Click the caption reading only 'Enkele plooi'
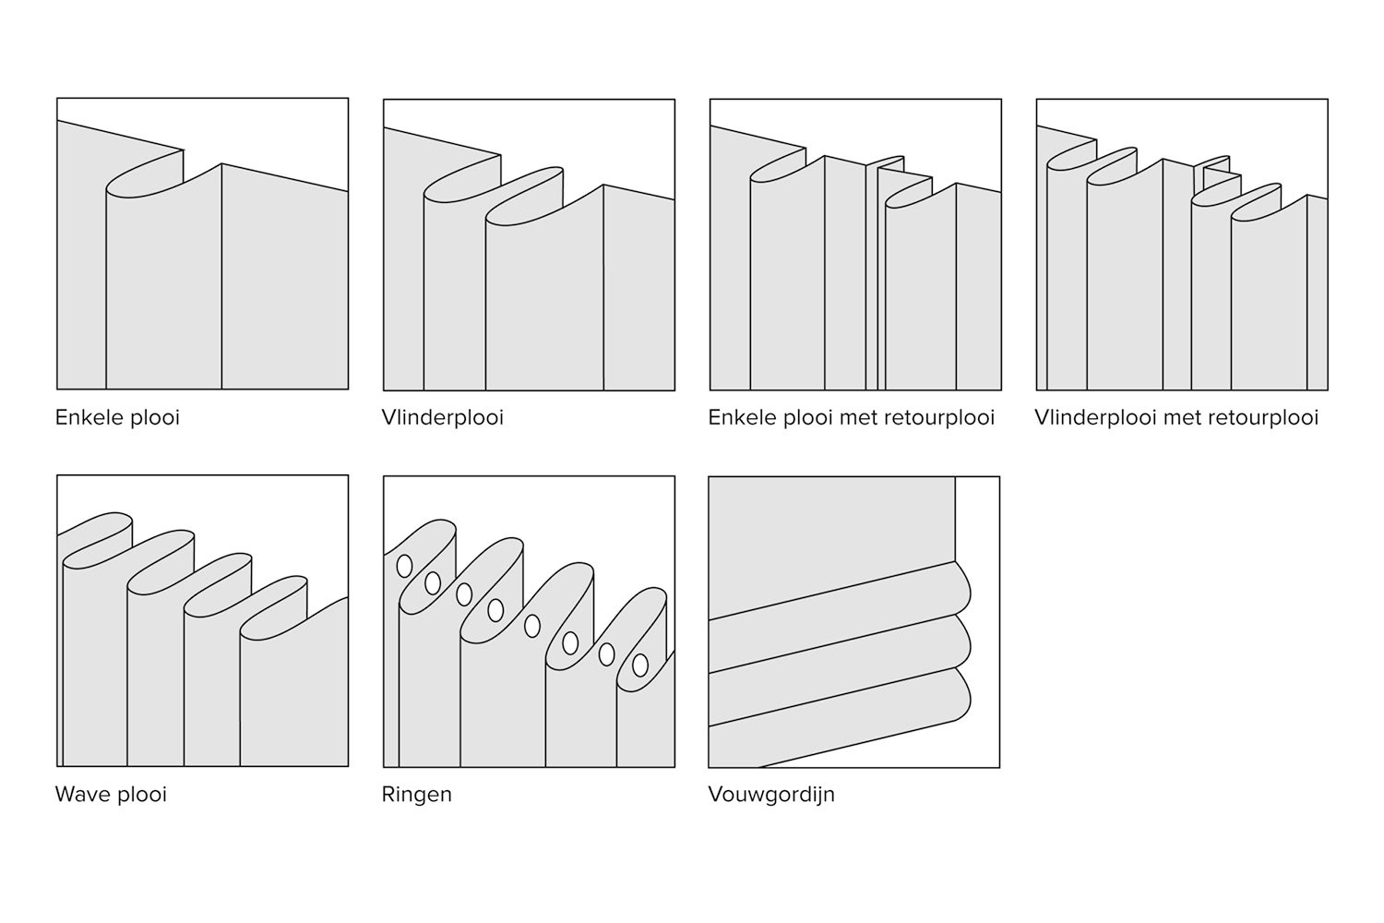pyautogui.click(x=117, y=417)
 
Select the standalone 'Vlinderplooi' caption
pyautogui.click(x=443, y=417)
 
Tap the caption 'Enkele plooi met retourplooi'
pyautogui.click(x=851, y=417)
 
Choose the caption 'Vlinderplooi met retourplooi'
pyautogui.click(x=1176, y=417)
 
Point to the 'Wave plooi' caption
pyautogui.click(x=111, y=794)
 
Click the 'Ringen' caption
pyautogui.click(x=417, y=794)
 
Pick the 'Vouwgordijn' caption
pyautogui.click(x=771, y=794)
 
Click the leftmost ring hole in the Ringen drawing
pyautogui.click(x=404, y=566)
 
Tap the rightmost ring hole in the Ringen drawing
pyautogui.click(x=640, y=664)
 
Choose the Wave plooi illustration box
pyautogui.click(x=202, y=620)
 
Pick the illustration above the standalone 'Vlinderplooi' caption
pyautogui.click(x=529, y=245)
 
